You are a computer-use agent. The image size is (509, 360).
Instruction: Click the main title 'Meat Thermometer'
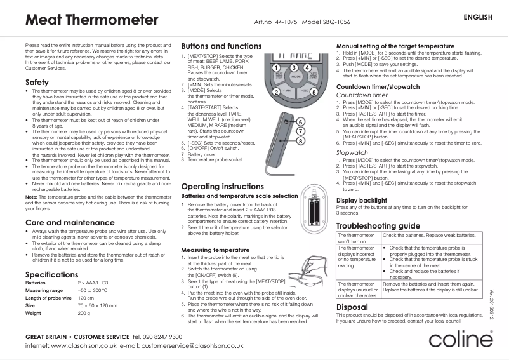(91, 20)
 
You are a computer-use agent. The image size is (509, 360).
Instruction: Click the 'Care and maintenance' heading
(61, 222)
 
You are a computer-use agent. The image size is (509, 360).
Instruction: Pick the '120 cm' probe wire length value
(86, 298)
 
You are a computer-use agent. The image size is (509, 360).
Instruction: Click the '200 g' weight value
(84, 313)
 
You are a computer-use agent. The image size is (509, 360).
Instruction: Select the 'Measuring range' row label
(43, 290)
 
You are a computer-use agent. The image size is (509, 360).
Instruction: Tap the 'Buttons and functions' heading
(221, 46)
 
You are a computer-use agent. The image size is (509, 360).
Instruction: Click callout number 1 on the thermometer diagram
(277, 67)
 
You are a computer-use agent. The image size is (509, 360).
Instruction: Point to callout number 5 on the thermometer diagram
(314, 92)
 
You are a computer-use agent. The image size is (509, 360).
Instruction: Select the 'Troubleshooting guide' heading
(378, 226)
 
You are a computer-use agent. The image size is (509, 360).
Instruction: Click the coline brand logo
(460, 340)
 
